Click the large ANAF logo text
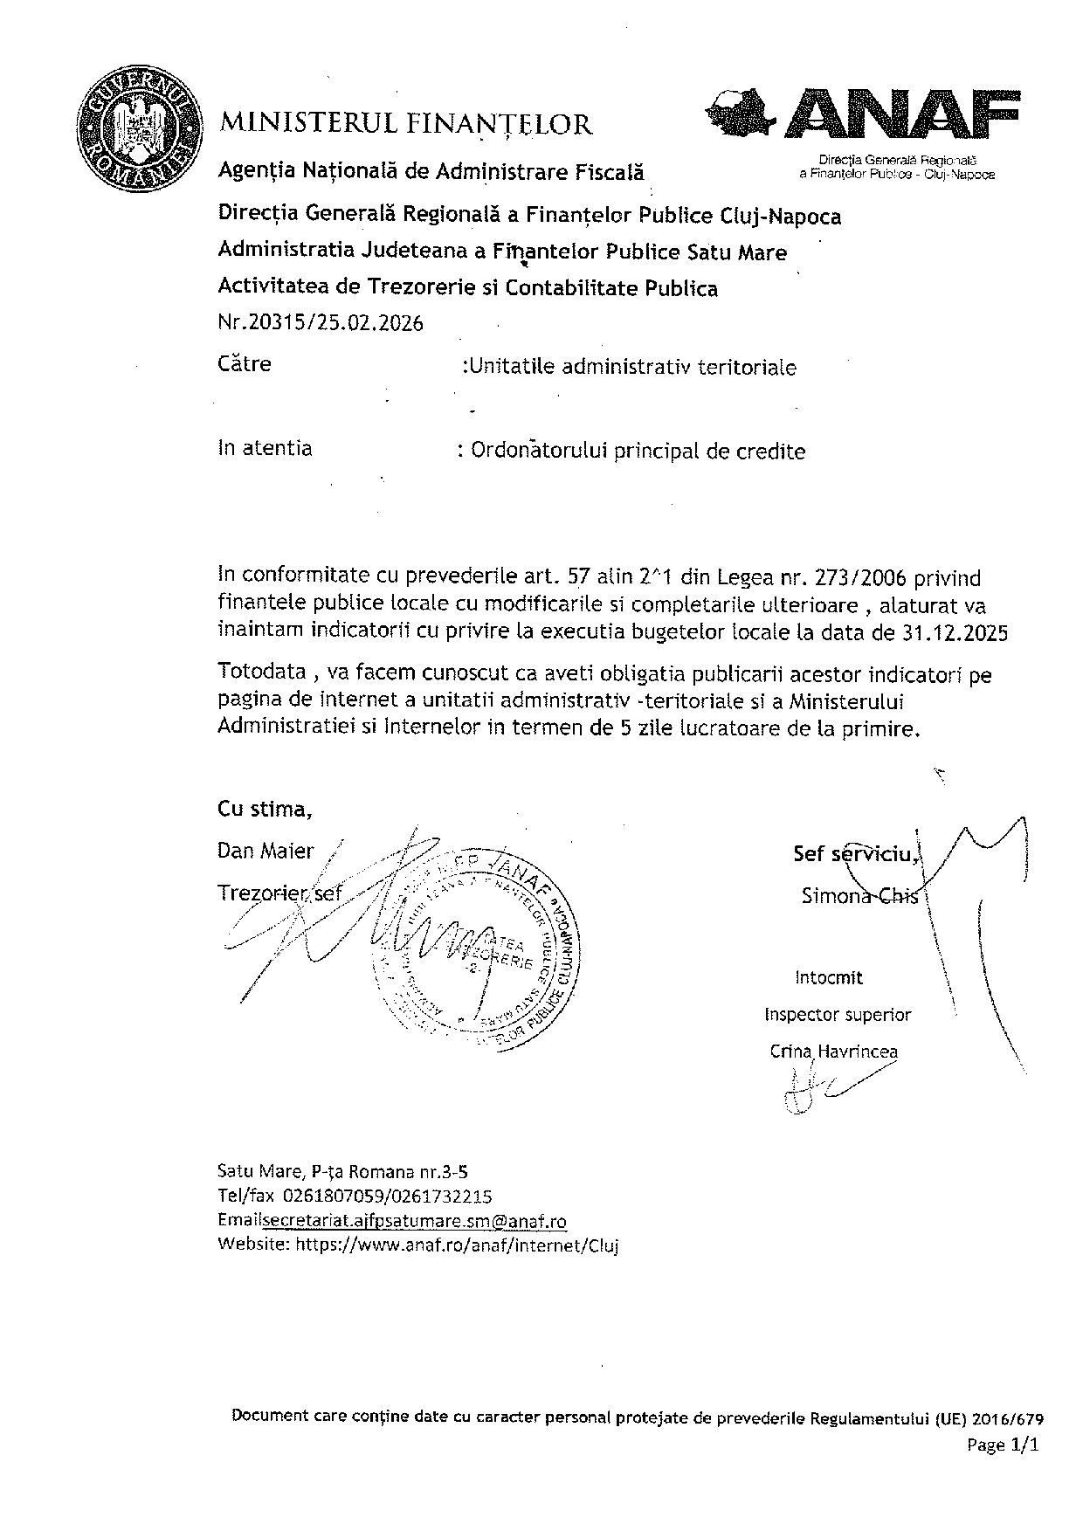[902, 113]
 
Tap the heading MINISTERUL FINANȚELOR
[406, 124]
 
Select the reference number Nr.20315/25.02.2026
[321, 324]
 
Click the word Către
[245, 363]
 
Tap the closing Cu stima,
[265, 810]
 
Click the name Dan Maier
[266, 852]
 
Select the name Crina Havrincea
[833, 1052]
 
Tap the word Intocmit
[829, 978]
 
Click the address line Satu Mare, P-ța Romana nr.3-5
[348, 1172]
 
